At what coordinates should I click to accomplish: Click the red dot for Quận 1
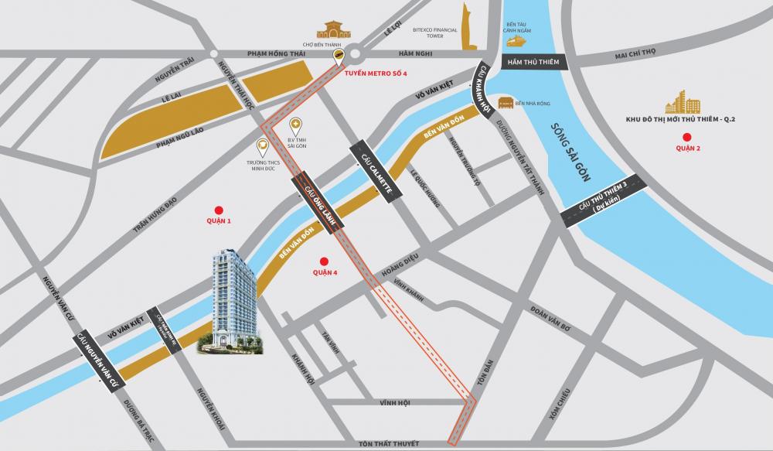click(218, 210)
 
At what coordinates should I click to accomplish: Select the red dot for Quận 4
click(324, 261)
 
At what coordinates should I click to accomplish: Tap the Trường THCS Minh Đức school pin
click(263, 144)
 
